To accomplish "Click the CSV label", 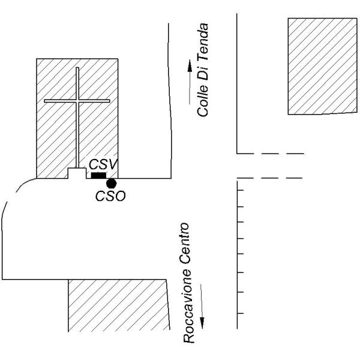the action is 103,164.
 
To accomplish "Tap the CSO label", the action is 110,196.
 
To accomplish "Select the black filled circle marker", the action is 112,184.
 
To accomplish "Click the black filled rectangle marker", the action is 99,175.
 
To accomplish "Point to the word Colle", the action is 202,101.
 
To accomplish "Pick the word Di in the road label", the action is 203,73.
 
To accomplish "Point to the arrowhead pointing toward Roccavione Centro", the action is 202,323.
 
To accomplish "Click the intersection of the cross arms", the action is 77,101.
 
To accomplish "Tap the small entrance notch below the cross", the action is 77,173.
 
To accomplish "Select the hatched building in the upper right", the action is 322,66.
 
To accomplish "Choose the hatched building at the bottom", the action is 118,305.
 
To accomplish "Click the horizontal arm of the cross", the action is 77,101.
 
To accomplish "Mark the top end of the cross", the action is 77,67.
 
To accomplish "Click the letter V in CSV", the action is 113,164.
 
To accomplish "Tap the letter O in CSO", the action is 121,196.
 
